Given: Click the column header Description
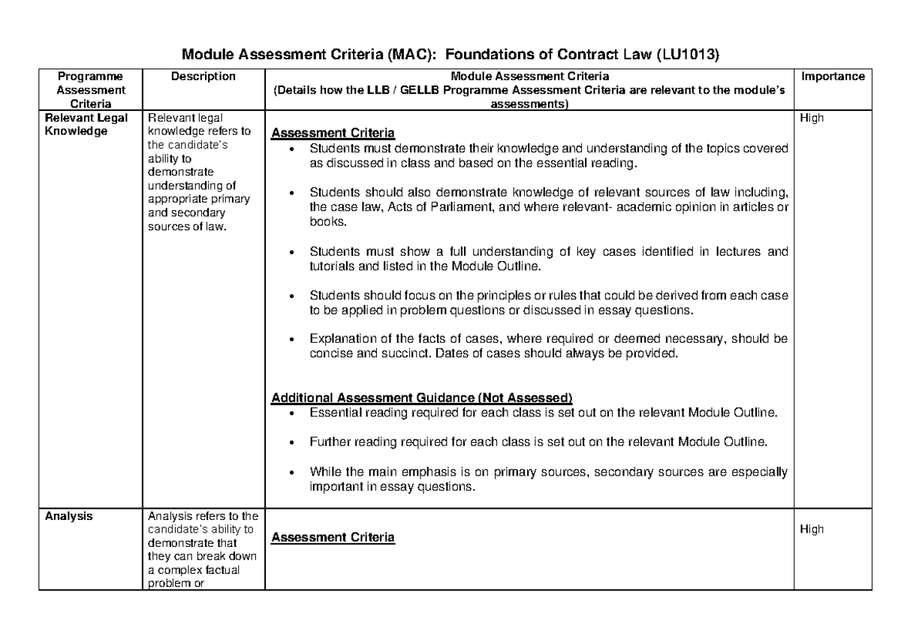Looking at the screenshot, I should (x=203, y=77).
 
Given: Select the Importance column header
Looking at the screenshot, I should (x=833, y=77).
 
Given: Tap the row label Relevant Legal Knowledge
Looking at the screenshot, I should (x=86, y=124).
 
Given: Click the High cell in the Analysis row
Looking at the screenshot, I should (x=812, y=529).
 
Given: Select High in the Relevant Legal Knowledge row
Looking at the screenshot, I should (x=812, y=118).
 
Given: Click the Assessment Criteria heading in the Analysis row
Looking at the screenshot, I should (x=332, y=538).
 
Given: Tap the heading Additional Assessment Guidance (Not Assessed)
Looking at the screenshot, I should (x=421, y=398).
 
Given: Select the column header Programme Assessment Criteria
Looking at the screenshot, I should (x=87, y=90).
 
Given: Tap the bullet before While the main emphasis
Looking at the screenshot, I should (x=292, y=473).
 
